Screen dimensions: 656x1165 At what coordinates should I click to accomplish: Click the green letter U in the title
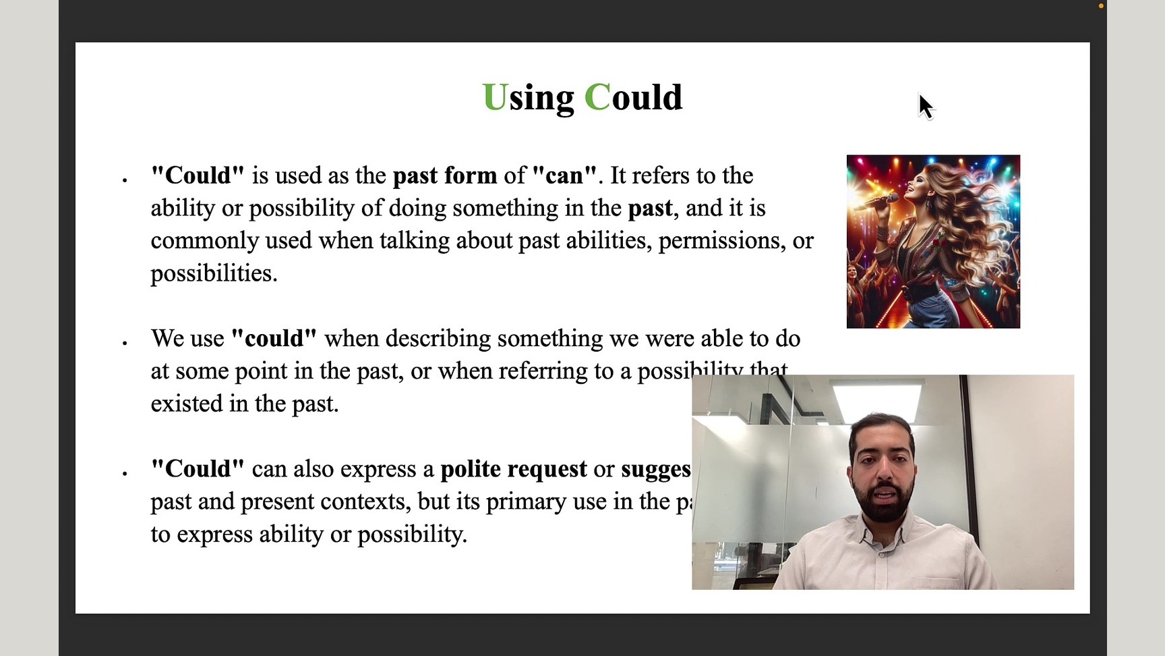[x=494, y=98]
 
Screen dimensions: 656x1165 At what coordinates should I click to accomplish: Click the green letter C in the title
[x=597, y=98]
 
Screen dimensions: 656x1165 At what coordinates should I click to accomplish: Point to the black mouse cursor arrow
[x=926, y=107]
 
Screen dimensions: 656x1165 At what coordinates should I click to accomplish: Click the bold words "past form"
[x=444, y=175]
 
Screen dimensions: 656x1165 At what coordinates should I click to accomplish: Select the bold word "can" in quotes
[x=564, y=175]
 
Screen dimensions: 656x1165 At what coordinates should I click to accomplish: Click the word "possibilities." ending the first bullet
[x=214, y=273]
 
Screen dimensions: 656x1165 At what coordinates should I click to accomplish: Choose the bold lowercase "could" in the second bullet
[x=274, y=339]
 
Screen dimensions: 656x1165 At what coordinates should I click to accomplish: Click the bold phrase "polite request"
[x=513, y=469]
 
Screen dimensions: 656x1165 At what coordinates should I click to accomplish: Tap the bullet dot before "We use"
[x=125, y=344]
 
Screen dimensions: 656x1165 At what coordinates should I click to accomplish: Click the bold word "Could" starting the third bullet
[x=198, y=469]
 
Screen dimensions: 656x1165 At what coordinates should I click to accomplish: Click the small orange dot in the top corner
[x=1101, y=6]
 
